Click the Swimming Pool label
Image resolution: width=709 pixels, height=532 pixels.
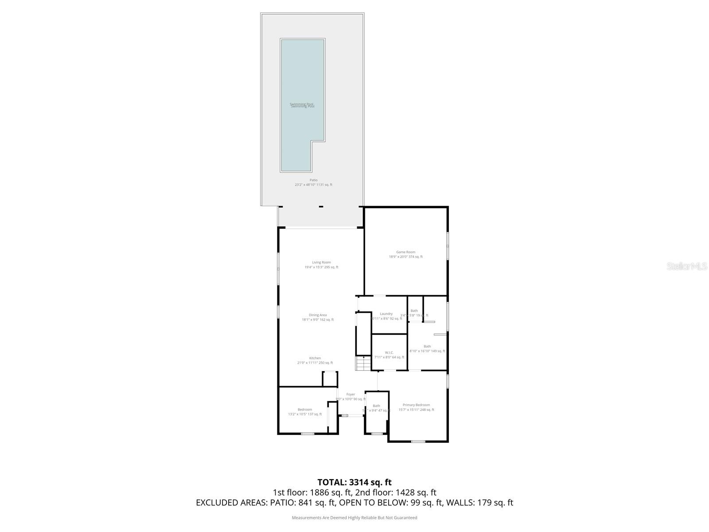(x=302, y=106)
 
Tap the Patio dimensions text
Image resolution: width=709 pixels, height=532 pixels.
(x=313, y=185)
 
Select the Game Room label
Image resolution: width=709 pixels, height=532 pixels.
(x=405, y=252)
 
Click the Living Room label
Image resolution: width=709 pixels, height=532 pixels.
(x=321, y=262)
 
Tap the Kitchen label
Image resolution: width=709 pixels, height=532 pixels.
(x=315, y=358)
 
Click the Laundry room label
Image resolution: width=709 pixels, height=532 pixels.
(x=386, y=314)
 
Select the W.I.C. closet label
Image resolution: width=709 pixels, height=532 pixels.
(x=389, y=353)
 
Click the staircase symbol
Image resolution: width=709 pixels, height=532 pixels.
(x=363, y=364)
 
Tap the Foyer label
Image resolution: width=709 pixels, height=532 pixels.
(x=351, y=394)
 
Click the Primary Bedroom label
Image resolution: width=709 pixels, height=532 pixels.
(x=416, y=405)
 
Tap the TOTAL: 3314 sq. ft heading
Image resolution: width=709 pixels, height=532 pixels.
(x=354, y=482)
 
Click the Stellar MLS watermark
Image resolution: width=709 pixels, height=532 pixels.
(x=687, y=266)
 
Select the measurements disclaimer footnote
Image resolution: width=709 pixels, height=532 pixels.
(x=354, y=517)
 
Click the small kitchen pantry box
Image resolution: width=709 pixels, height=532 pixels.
(x=330, y=379)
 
